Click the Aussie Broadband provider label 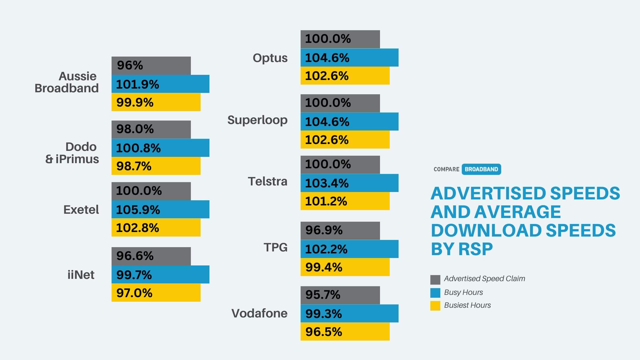[67, 82]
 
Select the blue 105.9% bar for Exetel [160, 209]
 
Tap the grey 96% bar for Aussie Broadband [151, 65]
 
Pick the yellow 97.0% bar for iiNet [156, 293]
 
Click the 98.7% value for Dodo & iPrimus [134, 166]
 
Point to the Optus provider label [270, 58]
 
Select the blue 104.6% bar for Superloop [349, 122]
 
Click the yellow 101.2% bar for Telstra [345, 201]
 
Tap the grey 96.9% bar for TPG [340, 231]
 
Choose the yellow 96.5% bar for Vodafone [345, 331]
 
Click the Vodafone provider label [259, 313]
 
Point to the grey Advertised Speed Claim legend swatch [435, 280]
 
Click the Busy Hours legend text [463, 292]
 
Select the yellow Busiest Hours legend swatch [435, 305]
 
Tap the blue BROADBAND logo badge [481, 169]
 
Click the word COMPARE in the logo [446, 169]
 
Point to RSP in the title [475, 249]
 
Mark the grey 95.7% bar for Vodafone [340, 295]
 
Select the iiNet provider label [81, 275]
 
